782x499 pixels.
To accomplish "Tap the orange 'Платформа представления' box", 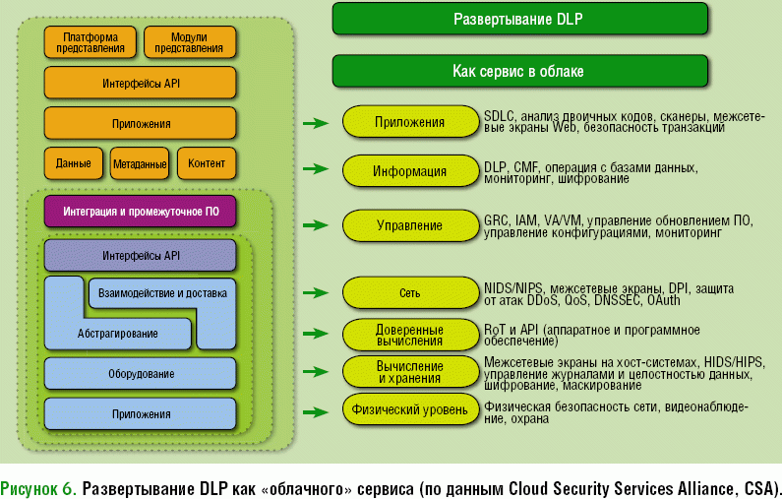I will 90,41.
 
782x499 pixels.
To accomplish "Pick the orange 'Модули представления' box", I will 190,41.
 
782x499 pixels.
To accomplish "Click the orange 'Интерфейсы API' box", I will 141,84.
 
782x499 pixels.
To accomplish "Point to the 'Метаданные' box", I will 140,163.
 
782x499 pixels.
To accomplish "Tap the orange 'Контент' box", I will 206,163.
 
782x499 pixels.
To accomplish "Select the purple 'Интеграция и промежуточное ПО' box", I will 141,212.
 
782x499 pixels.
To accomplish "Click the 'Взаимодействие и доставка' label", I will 162,293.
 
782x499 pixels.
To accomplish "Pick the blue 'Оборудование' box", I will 141,373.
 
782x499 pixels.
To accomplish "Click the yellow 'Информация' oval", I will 409,170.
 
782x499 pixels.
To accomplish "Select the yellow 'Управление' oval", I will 409,225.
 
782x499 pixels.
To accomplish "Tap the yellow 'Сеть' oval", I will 409,292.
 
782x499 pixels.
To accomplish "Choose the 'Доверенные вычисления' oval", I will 409,335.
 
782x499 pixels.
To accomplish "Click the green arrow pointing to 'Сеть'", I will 315,292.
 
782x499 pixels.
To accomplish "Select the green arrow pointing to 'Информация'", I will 315,170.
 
